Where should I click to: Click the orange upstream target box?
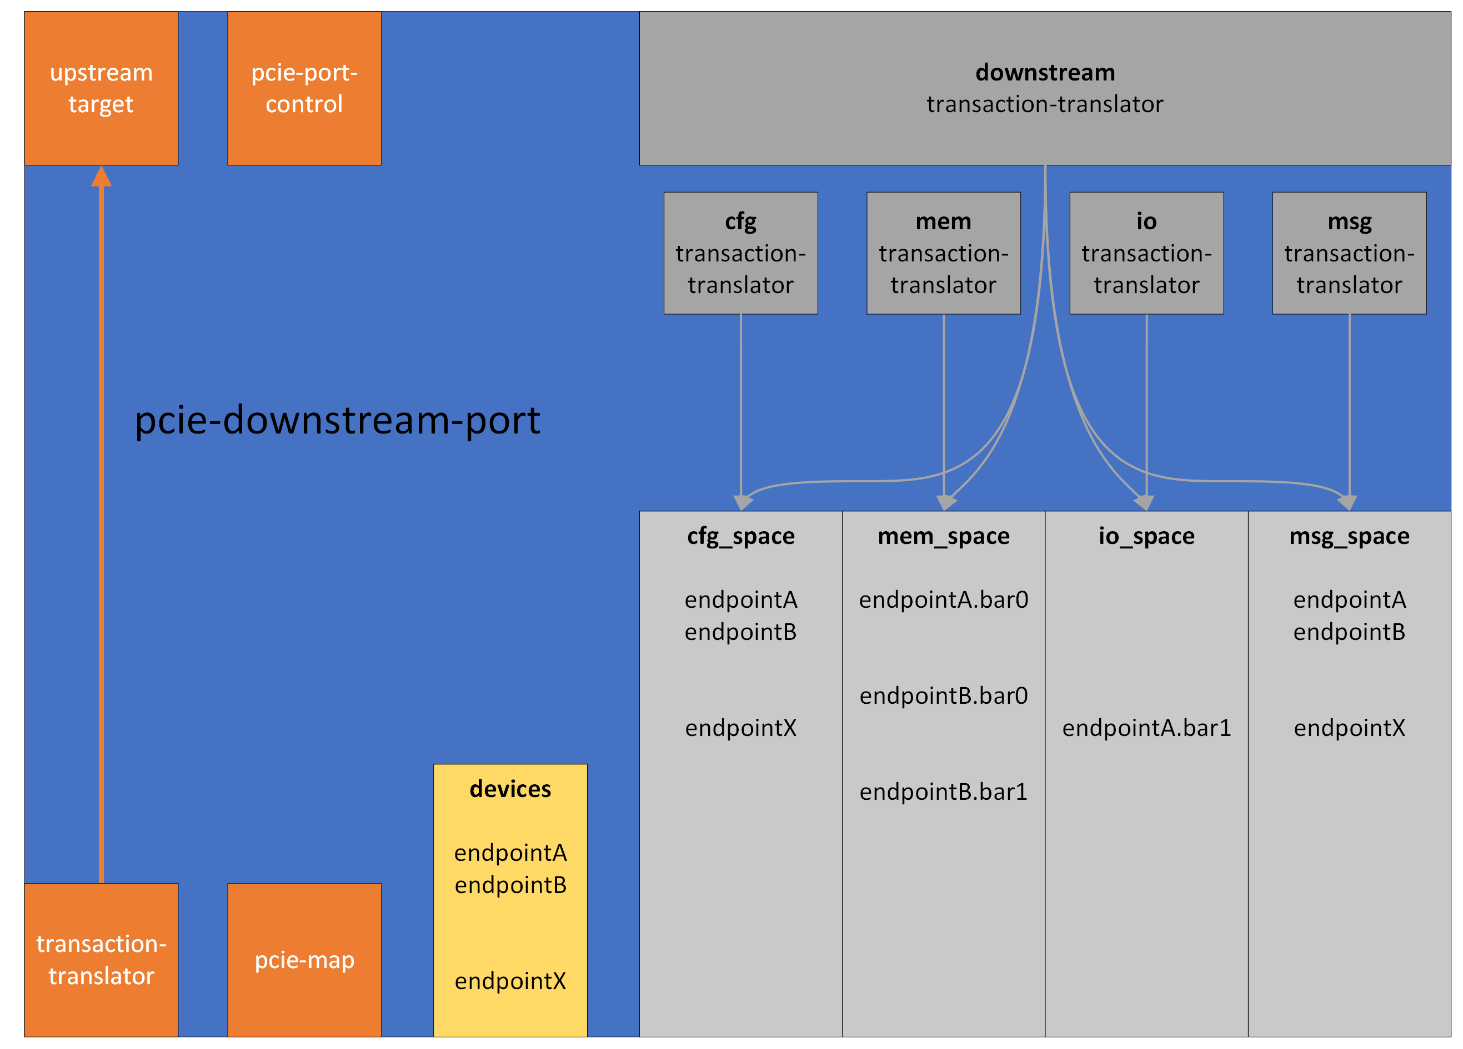pyautogui.click(x=101, y=88)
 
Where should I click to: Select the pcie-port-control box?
pyautogui.click(x=304, y=88)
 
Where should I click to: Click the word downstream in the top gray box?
pyautogui.click(x=1044, y=72)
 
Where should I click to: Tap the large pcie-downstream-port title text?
pyautogui.click(x=337, y=420)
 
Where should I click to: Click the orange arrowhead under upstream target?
pyautogui.click(x=101, y=176)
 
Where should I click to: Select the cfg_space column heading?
pyautogui.click(x=740, y=536)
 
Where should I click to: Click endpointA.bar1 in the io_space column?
pyautogui.click(x=1146, y=727)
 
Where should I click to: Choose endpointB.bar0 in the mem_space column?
pyautogui.click(x=943, y=695)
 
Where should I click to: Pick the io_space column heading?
pyautogui.click(x=1146, y=536)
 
